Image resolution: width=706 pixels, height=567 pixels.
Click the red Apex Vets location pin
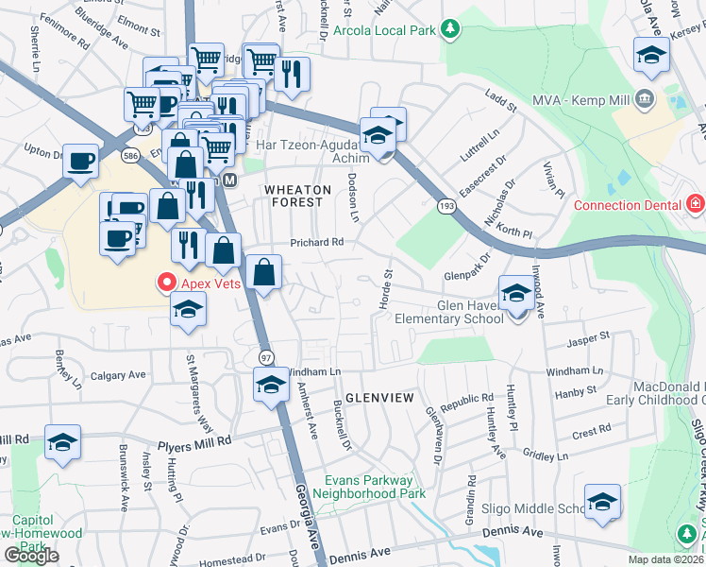point(166,282)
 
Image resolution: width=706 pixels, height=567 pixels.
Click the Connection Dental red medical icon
point(695,204)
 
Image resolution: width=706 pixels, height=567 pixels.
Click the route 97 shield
point(267,356)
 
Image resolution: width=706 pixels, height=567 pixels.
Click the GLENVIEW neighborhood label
point(378,398)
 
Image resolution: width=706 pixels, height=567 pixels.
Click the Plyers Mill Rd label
point(193,441)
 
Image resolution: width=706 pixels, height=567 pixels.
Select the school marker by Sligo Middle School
point(601,504)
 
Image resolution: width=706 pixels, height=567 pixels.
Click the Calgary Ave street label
point(118,375)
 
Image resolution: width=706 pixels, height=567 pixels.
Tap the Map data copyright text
point(666,559)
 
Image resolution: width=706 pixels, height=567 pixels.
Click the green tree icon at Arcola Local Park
point(450,29)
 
